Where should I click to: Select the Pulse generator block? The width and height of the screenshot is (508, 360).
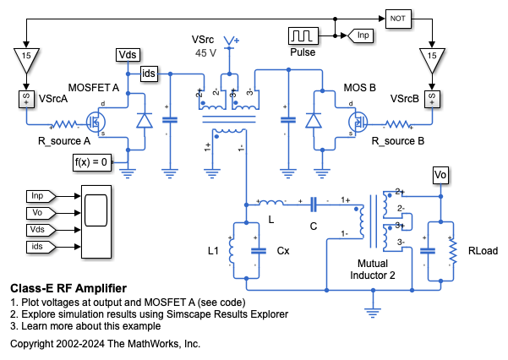coord(302,36)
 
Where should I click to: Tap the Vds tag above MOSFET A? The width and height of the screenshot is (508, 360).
coord(127,56)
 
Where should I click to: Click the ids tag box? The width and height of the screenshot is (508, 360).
coord(150,73)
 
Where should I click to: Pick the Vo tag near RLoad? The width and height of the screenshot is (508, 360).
coord(440,175)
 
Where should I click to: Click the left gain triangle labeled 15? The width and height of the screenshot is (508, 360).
coord(27,57)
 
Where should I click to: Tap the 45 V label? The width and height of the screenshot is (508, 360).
coord(206,52)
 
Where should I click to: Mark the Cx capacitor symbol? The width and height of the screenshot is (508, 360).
coord(256,251)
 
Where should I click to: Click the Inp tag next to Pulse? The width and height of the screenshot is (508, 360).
coord(363,36)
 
